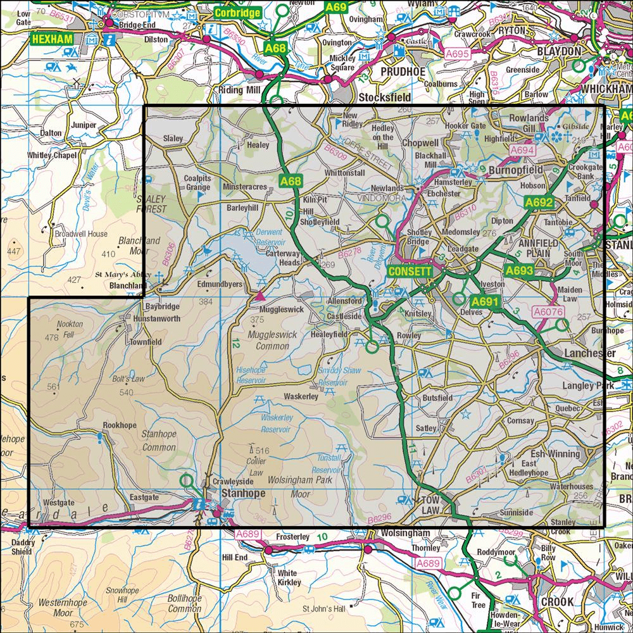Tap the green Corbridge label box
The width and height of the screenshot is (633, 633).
pos(237,12)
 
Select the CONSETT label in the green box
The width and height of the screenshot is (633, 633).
pos(410,271)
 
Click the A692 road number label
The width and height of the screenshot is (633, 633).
pos(539,203)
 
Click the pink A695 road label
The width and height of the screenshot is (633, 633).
pos(456,55)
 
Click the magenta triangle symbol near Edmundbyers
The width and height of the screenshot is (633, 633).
pos(260,296)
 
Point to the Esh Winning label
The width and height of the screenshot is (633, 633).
pos(555,454)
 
